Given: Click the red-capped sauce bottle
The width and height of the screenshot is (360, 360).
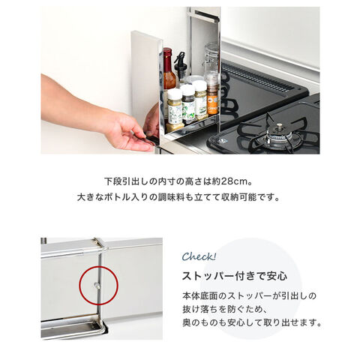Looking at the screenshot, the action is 169,69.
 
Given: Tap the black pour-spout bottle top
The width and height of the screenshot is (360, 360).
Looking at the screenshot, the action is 180,62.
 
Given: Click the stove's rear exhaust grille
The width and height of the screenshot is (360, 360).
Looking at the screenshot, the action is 257,76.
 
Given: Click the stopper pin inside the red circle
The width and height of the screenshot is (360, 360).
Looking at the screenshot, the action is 97,285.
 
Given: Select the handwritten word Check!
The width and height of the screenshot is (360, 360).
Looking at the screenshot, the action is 199,256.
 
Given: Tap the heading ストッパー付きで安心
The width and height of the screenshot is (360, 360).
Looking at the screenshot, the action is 235,276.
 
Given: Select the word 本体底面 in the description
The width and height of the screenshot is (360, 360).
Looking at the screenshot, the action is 200,296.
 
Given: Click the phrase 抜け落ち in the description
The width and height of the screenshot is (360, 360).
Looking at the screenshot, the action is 200,310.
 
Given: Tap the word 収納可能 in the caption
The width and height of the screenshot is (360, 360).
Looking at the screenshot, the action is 239,197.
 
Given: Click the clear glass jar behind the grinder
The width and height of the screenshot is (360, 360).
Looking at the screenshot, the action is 211,58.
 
